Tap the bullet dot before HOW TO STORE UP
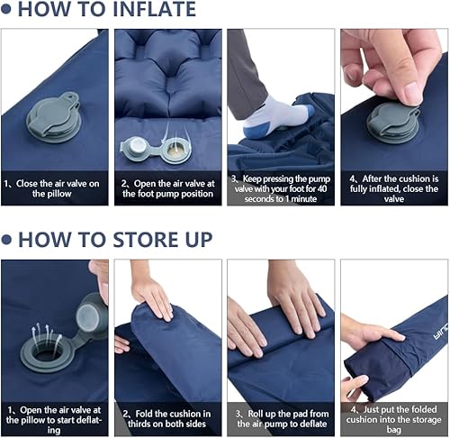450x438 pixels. pyautogui.click(x=7, y=240)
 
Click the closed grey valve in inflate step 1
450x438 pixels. pyautogui.click(x=50, y=122)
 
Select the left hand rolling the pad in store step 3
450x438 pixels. pyautogui.click(x=247, y=328)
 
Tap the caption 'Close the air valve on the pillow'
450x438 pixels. pyautogui.click(x=56, y=187)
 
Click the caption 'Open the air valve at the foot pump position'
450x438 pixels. pyautogui.click(x=168, y=187)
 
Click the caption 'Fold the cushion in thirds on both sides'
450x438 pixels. pyautogui.click(x=168, y=417)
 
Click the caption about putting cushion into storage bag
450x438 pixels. pyautogui.click(x=392, y=417)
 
